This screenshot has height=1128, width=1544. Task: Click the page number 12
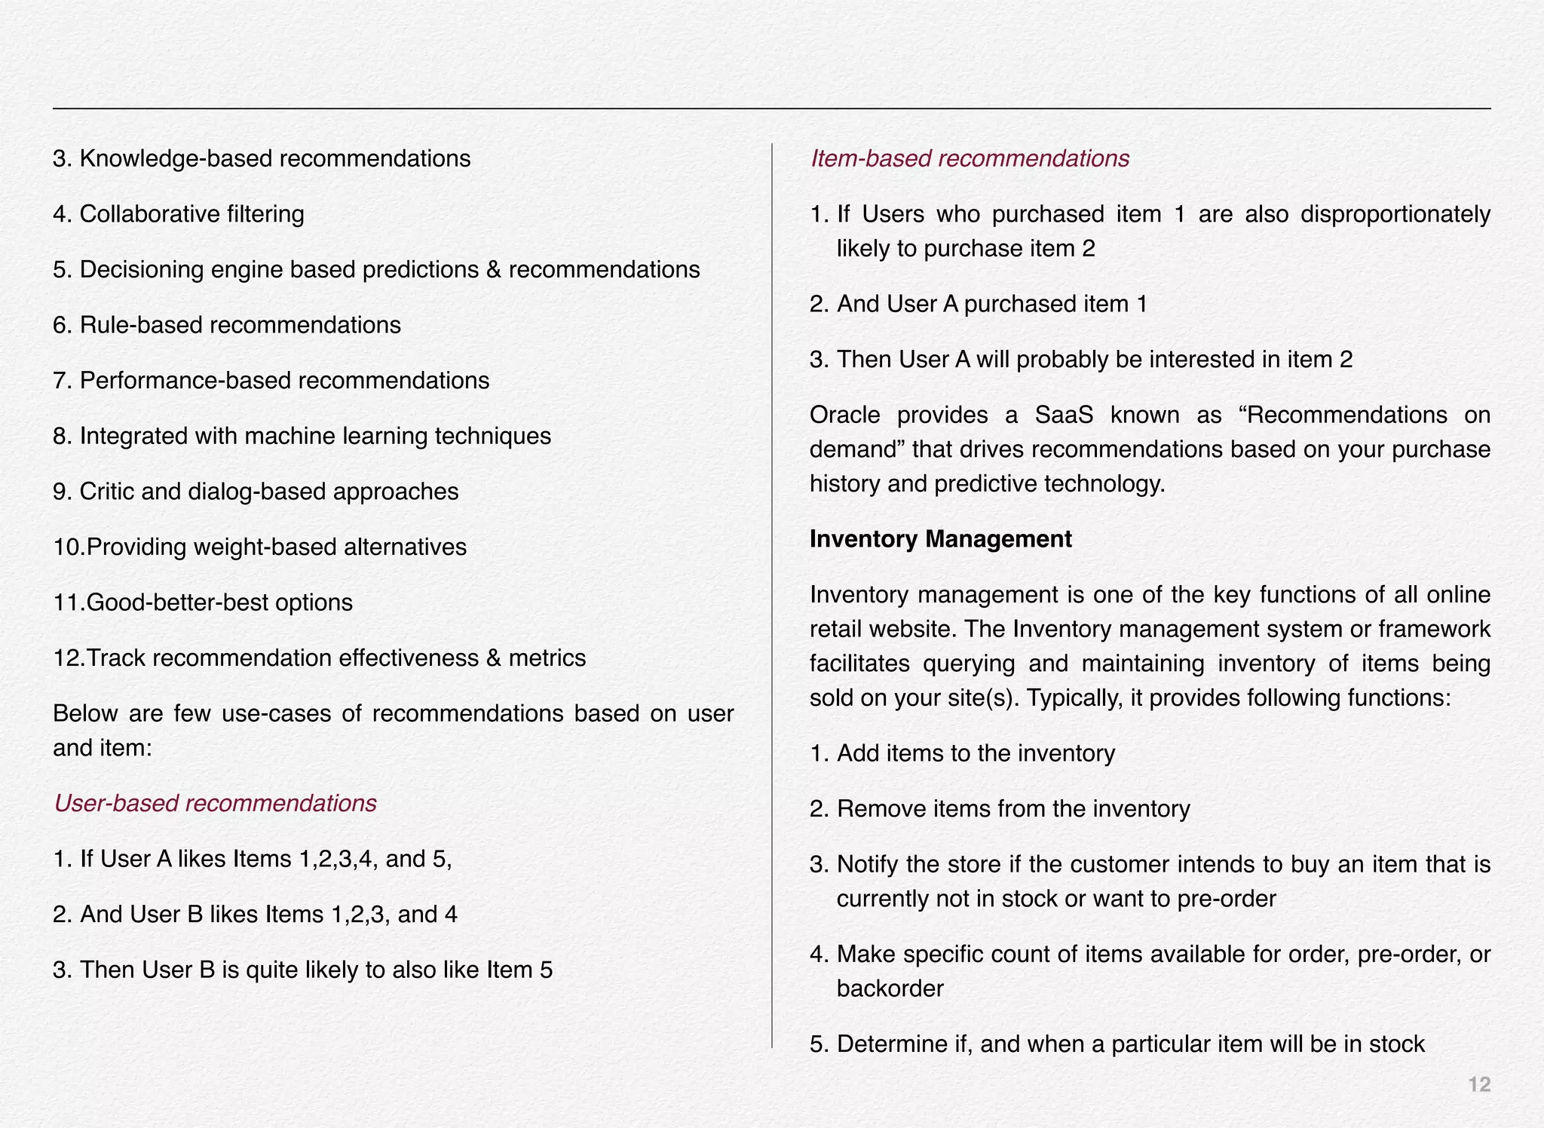click(x=1479, y=1084)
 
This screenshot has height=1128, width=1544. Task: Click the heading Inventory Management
click(x=940, y=539)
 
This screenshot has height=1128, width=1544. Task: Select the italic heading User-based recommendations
click(x=215, y=803)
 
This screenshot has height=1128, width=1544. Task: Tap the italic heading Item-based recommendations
click(x=969, y=158)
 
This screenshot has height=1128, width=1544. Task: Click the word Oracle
click(x=844, y=415)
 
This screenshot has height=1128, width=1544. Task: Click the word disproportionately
click(x=1395, y=214)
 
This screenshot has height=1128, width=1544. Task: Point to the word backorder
click(x=890, y=989)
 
